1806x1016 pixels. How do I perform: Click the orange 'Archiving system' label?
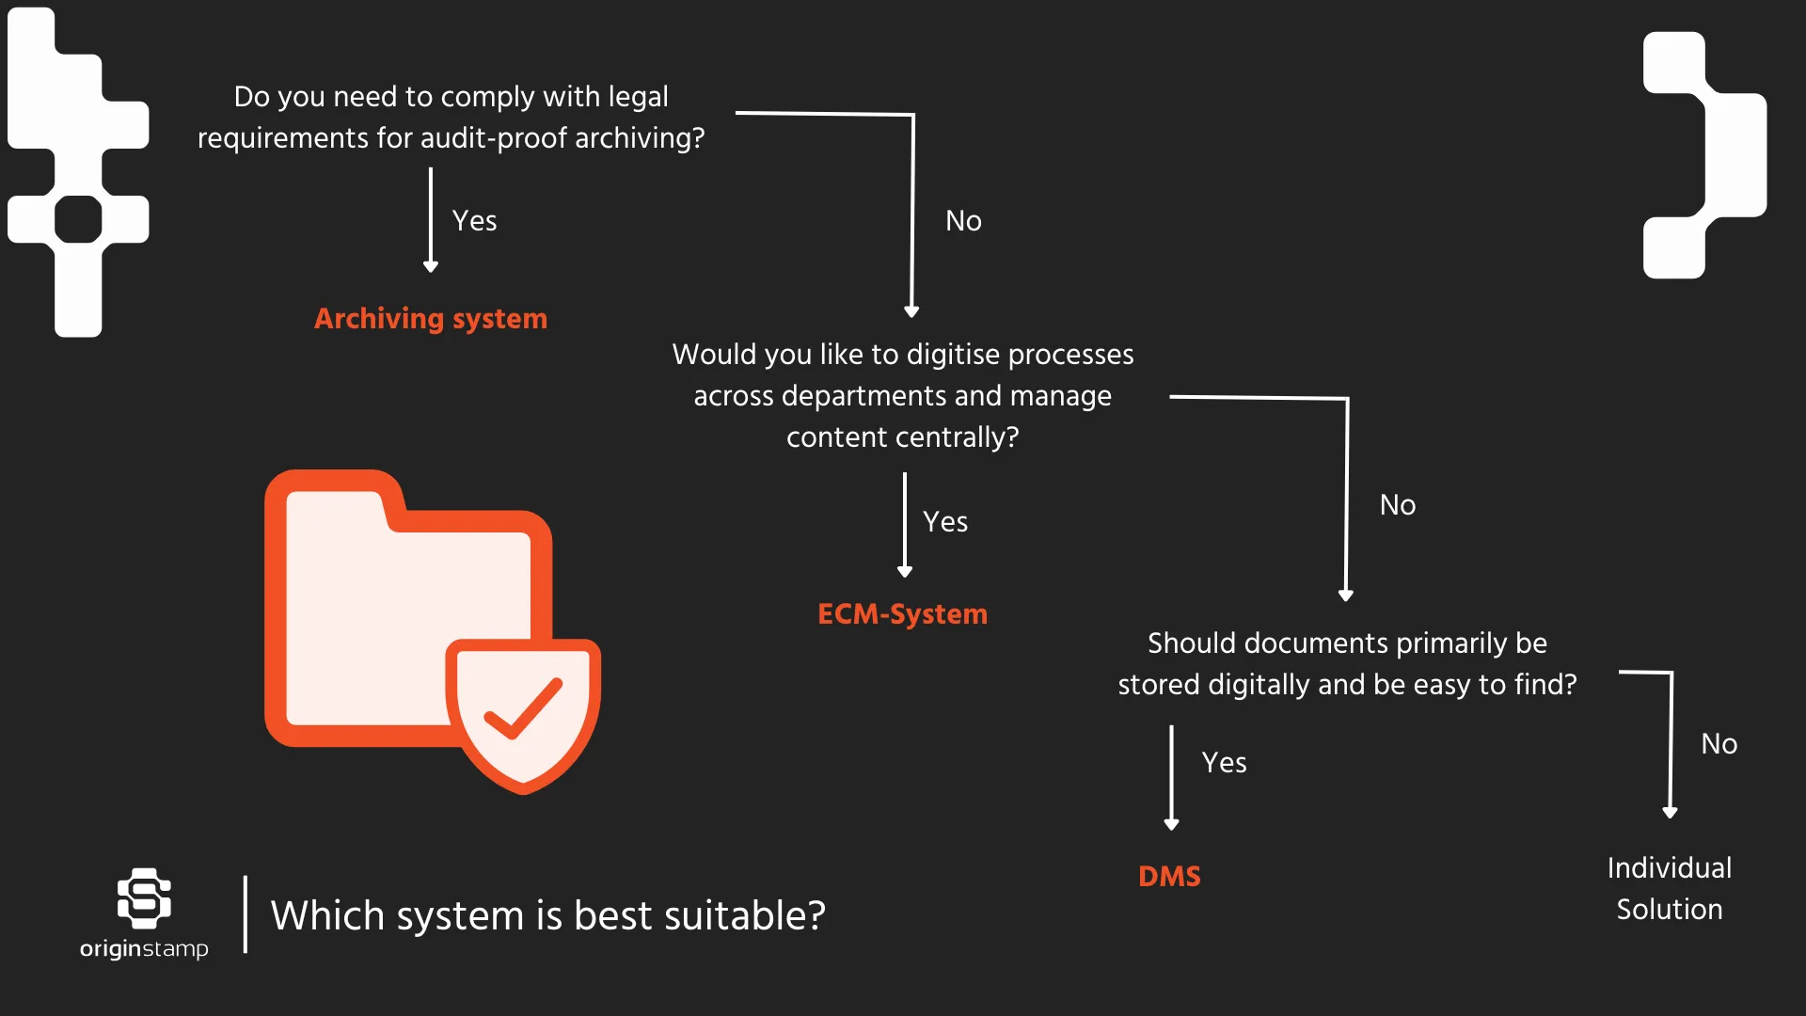pyautogui.click(x=430, y=319)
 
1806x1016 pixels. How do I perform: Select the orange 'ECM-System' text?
pyautogui.click(x=902, y=614)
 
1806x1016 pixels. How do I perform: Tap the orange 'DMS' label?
pyautogui.click(x=1169, y=876)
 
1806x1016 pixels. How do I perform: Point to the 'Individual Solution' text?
pyautogui.click(x=1669, y=888)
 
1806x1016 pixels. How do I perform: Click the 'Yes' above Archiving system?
pyautogui.click(x=474, y=221)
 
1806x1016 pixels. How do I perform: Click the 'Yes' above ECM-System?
pyautogui.click(x=945, y=522)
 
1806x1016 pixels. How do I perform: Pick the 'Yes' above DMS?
pyautogui.click(x=1224, y=763)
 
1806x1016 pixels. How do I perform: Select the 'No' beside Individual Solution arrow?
pyautogui.click(x=1719, y=744)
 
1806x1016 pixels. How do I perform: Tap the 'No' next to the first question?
pyautogui.click(x=963, y=221)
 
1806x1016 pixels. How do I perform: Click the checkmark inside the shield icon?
pyautogui.click(x=523, y=709)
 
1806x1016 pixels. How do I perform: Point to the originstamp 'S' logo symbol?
pyautogui.click(x=144, y=897)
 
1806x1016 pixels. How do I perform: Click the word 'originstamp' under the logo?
pyautogui.click(x=144, y=948)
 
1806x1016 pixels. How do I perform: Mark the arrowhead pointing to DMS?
pyautogui.click(x=1171, y=824)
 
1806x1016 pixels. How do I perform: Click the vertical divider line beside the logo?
pyautogui.click(x=246, y=914)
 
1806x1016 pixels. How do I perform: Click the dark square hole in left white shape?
pyautogui.click(x=78, y=219)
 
